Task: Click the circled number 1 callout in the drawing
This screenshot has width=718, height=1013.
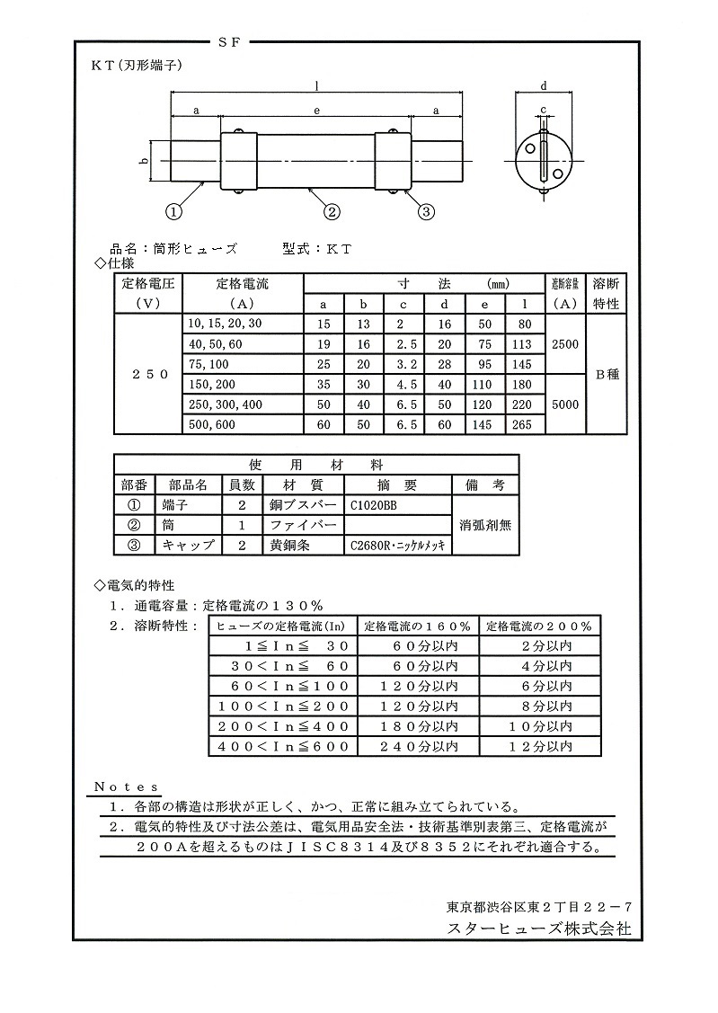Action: click(173, 211)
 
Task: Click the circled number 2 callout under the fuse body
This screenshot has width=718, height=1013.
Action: click(332, 211)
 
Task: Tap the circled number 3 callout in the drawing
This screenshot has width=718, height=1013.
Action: click(426, 211)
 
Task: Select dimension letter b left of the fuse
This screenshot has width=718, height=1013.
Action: click(144, 161)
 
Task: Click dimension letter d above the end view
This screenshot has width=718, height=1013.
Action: click(545, 86)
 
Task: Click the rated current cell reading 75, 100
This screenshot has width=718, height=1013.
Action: click(208, 363)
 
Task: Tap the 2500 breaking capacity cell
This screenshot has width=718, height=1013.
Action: click(566, 344)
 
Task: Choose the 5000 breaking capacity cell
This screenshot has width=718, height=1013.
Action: click(566, 404)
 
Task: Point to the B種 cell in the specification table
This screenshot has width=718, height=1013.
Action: click(607, 374)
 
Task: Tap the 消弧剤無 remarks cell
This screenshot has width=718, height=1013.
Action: click(485, 525)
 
